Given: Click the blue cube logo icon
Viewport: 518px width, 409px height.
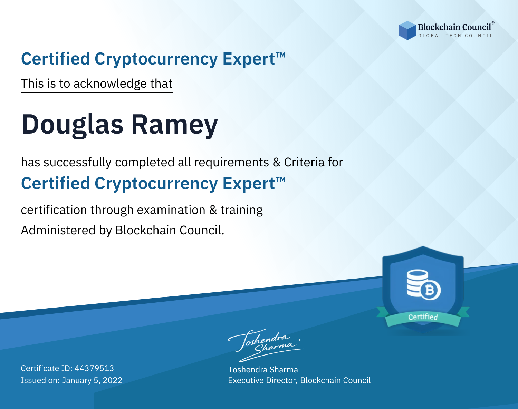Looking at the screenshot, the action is pyautogui.click(x=407, y=30).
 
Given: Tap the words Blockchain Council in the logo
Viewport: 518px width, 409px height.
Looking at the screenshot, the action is pyautogui.click(x=454, y=27).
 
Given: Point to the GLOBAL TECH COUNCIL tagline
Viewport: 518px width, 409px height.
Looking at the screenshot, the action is pyautogui.click(x=455, y=36).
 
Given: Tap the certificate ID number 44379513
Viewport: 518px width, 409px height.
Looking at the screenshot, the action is pyautogui.click(x=94, y=368).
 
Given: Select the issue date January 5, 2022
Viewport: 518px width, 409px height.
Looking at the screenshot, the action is pyautogui.click(x=92, y=380).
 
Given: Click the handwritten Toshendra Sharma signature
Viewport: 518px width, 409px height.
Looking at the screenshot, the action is pyautogui.click(x=266, y=345).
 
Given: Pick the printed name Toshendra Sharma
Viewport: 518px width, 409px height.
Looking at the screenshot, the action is pyautogui.click(x=263, y=370).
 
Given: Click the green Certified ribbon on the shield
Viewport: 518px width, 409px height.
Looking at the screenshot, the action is pyautogui.click(x=423, y=317).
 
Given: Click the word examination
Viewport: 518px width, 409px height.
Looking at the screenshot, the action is pyautogui.click(x=171, y=210).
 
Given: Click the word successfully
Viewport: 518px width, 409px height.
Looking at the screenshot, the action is pyautogui.click(x=77, y=163).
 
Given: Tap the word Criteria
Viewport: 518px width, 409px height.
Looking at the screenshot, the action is pyautogui.click(x=304, y=162).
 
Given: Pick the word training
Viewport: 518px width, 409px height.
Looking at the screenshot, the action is pyautogui.click(x=241, y=210).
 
